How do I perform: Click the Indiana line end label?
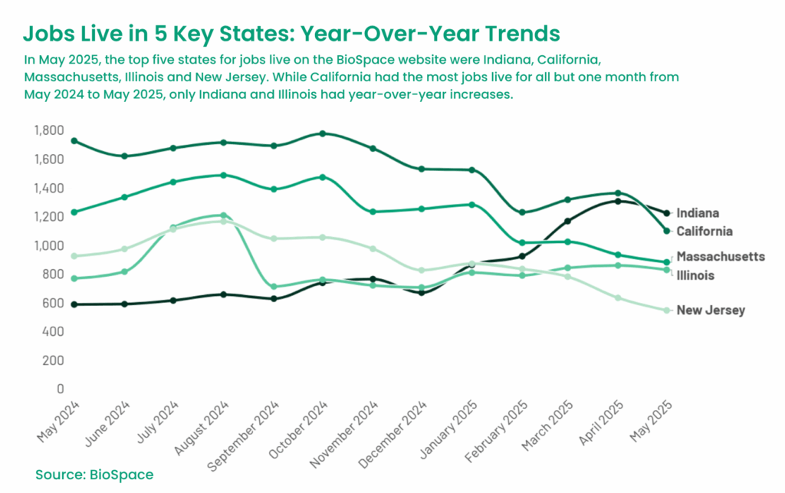pos(698,213)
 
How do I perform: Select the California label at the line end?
pos(705,231)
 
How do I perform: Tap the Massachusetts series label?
pos(721,256)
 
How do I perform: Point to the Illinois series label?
pos(695,274)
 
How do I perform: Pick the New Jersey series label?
pos(711,310)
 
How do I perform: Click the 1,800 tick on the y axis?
pos(49,130)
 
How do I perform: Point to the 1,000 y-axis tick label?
pos(49,245)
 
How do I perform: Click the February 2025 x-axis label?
pos(502,428)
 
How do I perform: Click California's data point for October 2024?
pos(323,133)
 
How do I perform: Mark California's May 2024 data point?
pos(74,141)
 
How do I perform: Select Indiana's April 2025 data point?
pos(617,201)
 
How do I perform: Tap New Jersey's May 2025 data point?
pos(667,310)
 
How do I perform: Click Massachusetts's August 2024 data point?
pos(223,175)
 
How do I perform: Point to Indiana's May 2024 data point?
pos(74,304)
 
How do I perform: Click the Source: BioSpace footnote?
pos(94,475)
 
